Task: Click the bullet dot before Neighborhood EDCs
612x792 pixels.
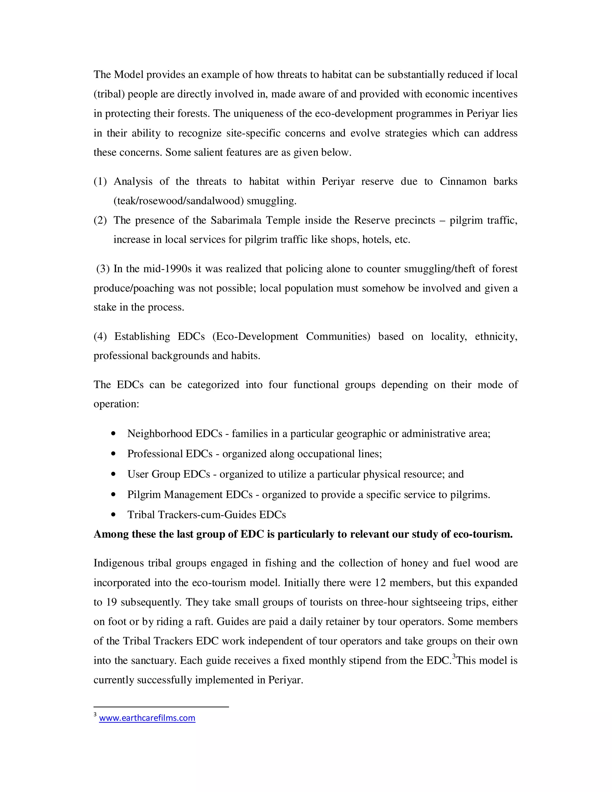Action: (x=114, y=433)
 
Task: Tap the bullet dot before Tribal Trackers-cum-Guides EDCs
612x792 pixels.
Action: (x=114, y=515)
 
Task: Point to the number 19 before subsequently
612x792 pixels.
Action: (x=111, y=602)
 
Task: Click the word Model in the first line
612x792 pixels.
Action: (x=128, y=75)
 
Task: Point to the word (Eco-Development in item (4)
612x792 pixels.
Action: (x=255, y=337)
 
